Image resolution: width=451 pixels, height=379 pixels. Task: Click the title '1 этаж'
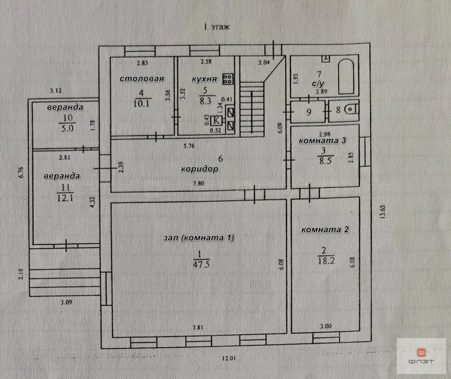(x=217, y=27)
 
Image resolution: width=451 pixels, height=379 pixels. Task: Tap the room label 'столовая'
(x=142, y=78)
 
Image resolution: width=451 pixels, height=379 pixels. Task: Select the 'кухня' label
(x=205, y=79)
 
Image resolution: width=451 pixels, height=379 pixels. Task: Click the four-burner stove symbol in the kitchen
(x=228, y=79)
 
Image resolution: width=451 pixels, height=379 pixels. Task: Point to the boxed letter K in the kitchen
(x=216, y=120)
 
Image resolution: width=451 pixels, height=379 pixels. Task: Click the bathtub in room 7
(x=346, y=76)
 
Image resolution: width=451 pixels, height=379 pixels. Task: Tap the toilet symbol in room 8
(x=352, y=109)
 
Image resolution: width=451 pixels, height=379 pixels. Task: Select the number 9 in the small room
(x=309, y=112)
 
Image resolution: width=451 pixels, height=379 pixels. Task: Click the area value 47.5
(x=201, y=265)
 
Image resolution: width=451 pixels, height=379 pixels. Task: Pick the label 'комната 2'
(x=325, y=229)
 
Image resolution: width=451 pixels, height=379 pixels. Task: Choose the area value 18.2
(x=326, y=261)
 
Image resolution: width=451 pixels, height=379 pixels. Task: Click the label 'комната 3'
(x=322, y=141)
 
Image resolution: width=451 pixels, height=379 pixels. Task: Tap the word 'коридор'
(x=199, y=169)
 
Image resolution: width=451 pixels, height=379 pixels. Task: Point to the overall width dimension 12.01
(x=229, y=359)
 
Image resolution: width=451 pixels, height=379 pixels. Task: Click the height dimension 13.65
(x=382, y=212)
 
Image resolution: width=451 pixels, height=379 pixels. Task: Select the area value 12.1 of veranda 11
(x=65, y=198)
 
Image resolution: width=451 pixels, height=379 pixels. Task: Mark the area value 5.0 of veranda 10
(x=68, y=128)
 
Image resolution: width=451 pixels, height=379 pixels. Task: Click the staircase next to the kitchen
(x=252, y=109)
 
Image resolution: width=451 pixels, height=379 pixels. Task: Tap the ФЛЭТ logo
(x=421, y=356)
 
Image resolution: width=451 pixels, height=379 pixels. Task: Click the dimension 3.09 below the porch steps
(x=67, y=303)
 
